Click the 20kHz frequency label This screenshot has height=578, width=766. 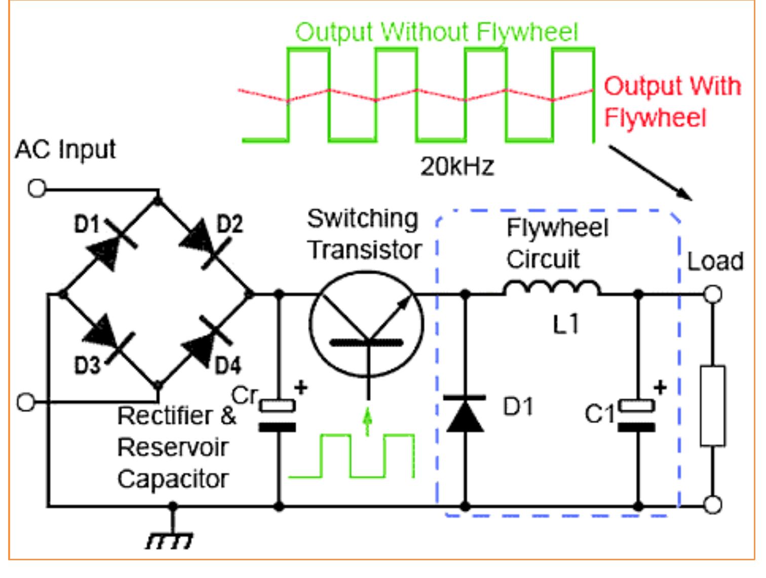click(x=456, y=166)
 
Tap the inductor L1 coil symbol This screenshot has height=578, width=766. click(x=552, y=288)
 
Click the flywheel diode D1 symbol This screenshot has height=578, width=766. click(x=465, y=414)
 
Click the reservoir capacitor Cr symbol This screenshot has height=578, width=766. click(x=278, y=416)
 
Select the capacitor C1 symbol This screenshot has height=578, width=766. click(x=637, y=416)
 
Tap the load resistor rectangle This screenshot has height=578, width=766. click(x=712, y=406)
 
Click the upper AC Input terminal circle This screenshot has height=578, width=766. click(x=36, y=188)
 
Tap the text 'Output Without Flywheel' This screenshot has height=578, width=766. click(x=436, y=32)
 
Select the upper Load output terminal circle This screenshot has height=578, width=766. click(x=713, y=294)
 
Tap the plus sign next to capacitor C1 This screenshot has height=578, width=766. click(x=660, y=388)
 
